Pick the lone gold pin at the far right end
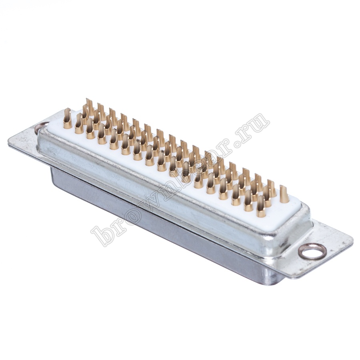coord(284,194)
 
